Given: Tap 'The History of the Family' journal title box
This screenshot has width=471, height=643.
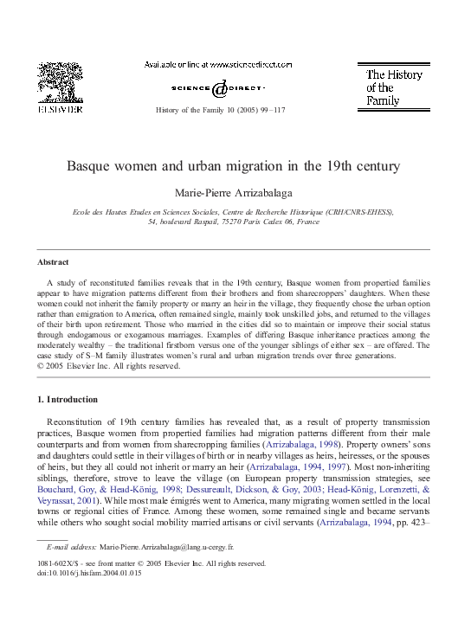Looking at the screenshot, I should tap(394, 87).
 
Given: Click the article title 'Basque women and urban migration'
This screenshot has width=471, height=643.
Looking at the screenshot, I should tap(234, 164).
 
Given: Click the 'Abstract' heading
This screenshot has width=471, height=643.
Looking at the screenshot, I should tap(53, 261).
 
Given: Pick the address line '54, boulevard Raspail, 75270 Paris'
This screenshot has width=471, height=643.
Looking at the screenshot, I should tap(233, 222).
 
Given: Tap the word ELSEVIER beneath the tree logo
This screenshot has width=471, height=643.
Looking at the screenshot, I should tap(59, 110).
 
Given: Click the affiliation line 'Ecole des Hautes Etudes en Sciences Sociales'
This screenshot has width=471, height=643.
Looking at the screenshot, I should tap(233, 211).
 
